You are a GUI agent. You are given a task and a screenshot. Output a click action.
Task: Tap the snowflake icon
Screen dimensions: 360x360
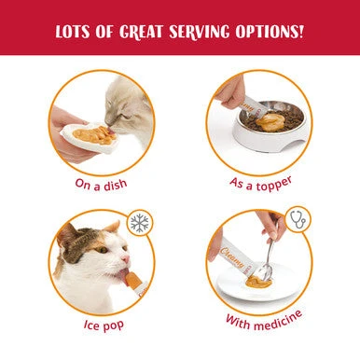tap(141, 223)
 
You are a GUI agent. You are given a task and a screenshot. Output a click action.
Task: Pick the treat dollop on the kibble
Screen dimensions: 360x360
tap(270, 119)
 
